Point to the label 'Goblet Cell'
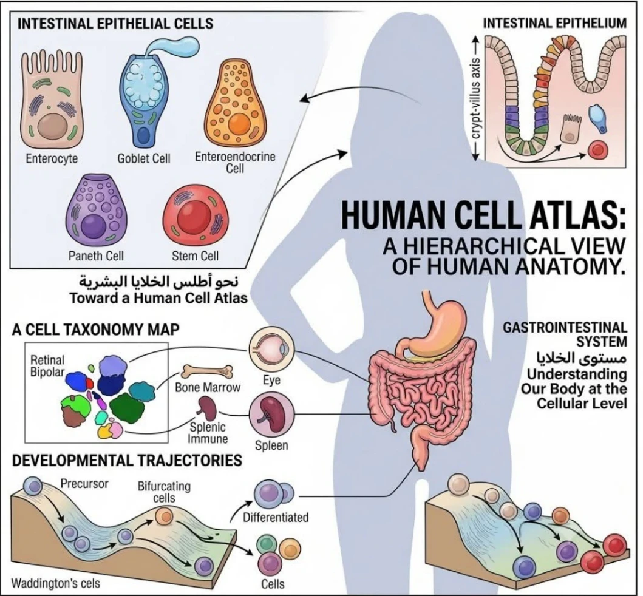point(143,158)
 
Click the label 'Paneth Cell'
point(96,256)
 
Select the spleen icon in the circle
point(272,415)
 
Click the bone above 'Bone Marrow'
point(207,371)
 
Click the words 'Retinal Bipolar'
point(47,366)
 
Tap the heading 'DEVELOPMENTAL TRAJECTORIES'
point(127,460)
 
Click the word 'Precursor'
point(84,484)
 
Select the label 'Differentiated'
point(276,517)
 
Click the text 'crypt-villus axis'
point(475,99)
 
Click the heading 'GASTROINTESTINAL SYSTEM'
point(565,334)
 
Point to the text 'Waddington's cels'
point(56,583)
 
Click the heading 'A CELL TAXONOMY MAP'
point(95,330)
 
